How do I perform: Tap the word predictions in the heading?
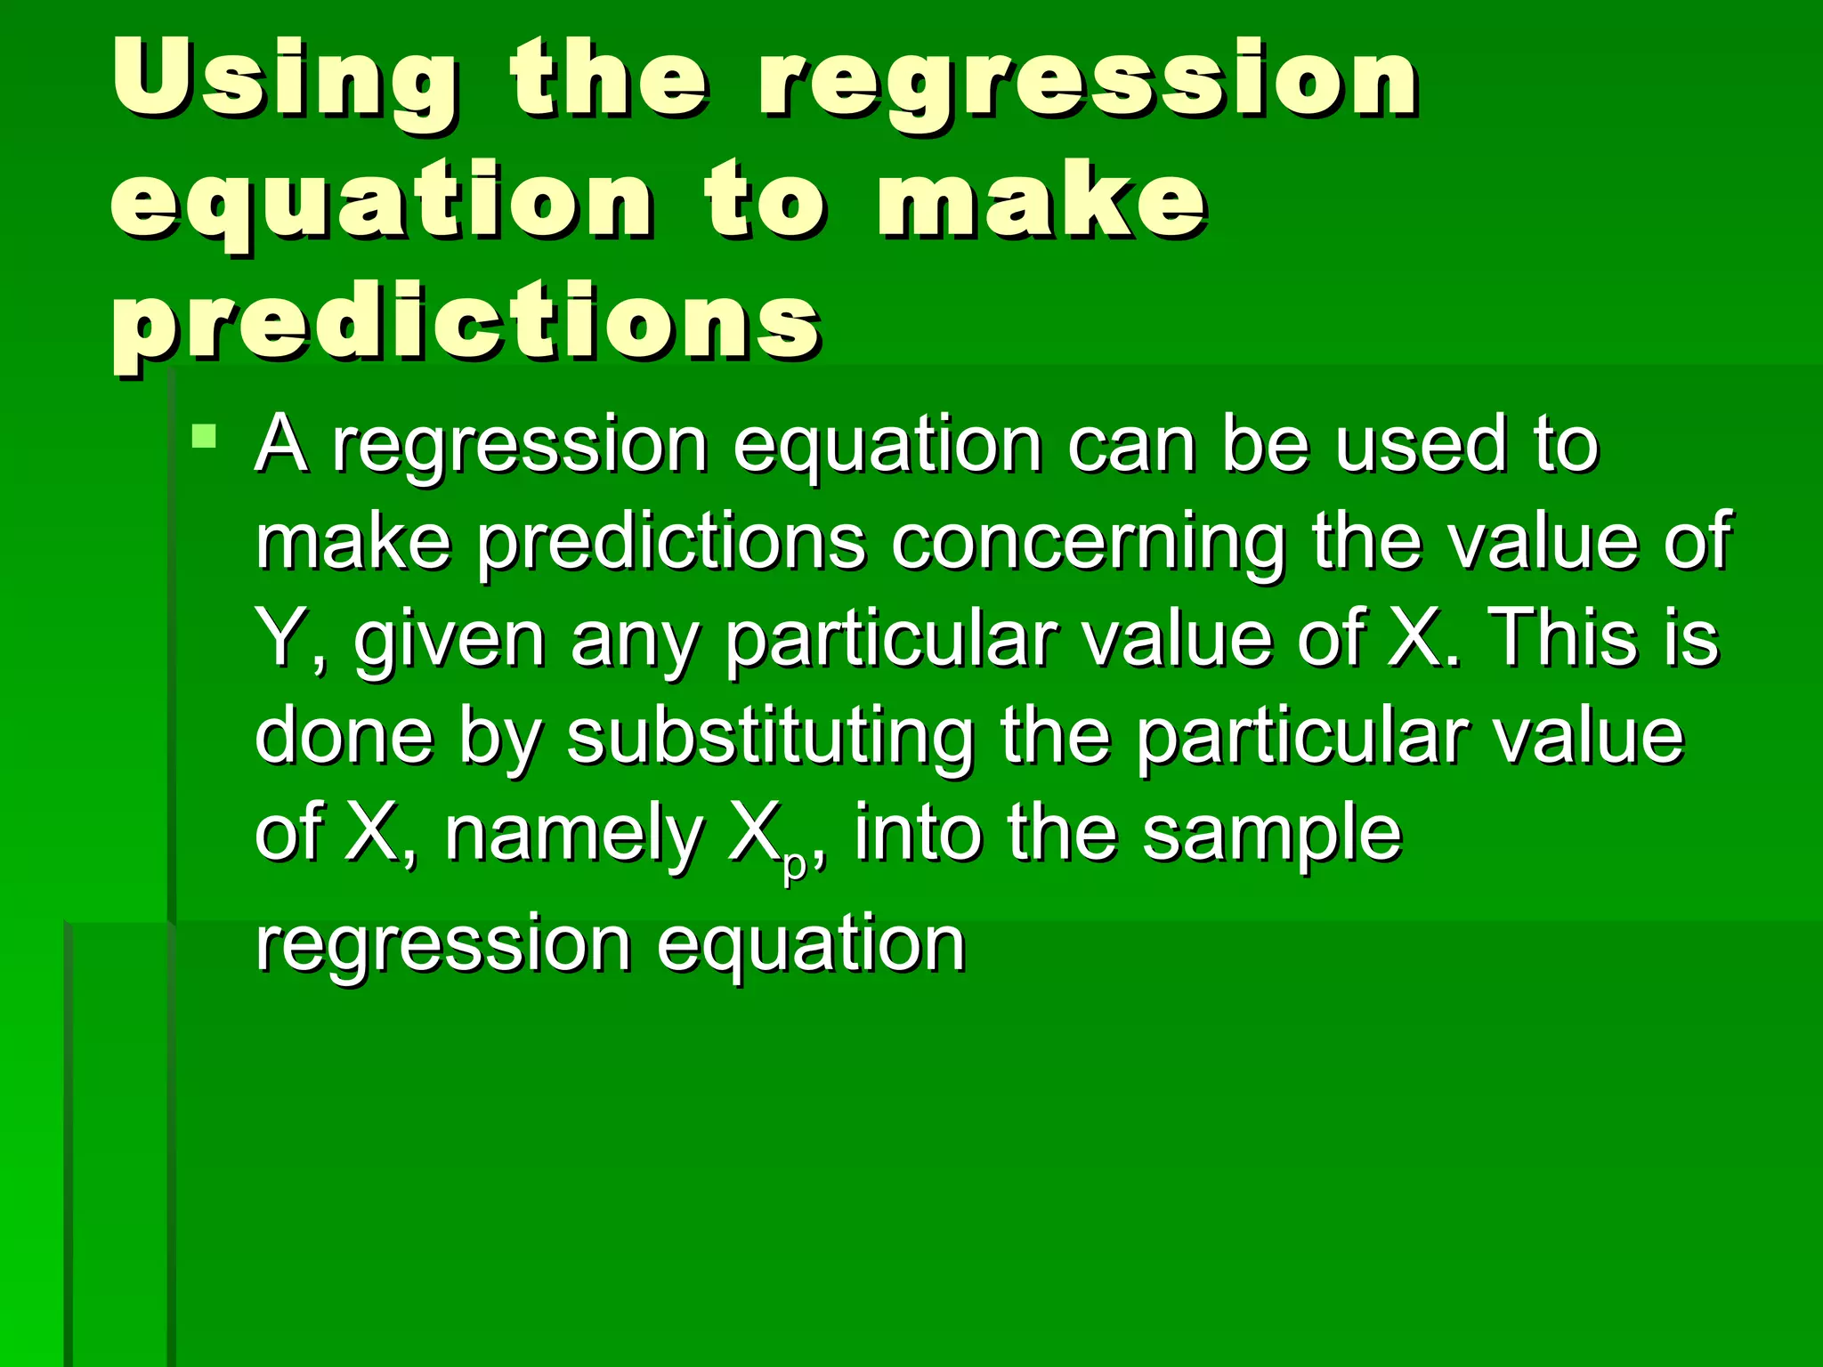pyautogui.click(x=466, y=322)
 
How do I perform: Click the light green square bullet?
pyautogui.click(x=205, y=436)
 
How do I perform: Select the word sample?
pyautogui.click(x=1272, y=834)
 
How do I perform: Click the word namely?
pyautogui.click(x=574, y=834)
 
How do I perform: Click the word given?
pyautogui.click(x=450, y=641)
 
